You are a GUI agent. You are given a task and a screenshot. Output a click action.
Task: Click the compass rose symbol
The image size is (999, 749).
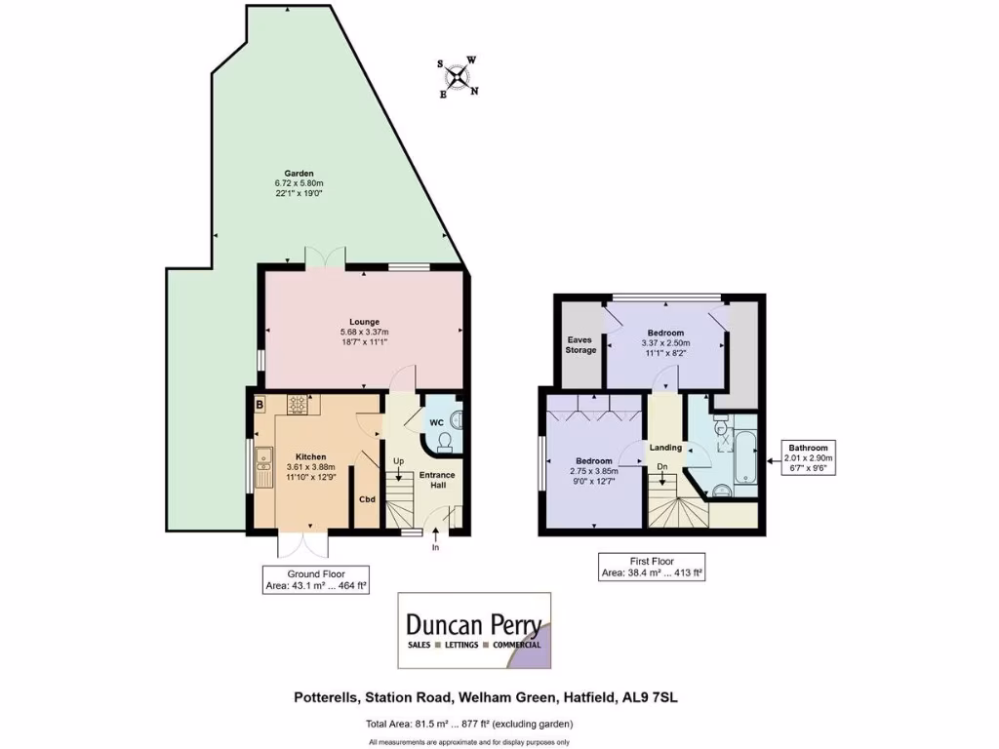coord(458,77)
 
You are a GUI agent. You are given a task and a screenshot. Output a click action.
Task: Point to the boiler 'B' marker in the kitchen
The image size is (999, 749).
coord(260,404)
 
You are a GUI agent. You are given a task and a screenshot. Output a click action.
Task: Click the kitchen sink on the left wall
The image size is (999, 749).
coord(262,469)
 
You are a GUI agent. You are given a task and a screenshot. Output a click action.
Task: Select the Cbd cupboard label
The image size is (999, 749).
coord(368,500)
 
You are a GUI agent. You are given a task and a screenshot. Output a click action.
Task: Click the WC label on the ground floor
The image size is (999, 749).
coord(438,423)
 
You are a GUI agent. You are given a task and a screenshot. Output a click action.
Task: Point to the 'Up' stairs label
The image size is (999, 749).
coord(398,461)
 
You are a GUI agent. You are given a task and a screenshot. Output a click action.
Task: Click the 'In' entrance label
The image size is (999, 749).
coord(436,548)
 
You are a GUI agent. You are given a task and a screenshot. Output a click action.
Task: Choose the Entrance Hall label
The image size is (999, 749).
coord(437,481)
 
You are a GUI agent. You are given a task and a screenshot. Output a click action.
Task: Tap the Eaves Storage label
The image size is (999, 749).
coord(580,345)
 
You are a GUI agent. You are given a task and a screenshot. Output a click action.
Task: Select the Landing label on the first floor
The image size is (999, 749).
coord(666,448)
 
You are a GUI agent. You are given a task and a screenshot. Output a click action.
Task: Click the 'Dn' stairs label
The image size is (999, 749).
coord(661,466)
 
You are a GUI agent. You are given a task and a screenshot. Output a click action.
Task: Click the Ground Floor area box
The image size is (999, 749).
coord(315,580)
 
